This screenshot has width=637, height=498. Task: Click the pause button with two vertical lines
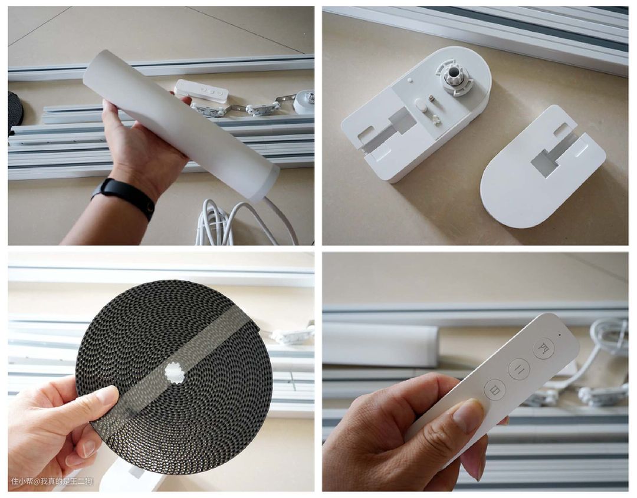(519, 369)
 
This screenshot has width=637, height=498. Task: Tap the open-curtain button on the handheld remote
(544, 348)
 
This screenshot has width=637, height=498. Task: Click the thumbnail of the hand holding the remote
(475, 372)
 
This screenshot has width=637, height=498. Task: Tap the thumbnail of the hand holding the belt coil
(161, 372)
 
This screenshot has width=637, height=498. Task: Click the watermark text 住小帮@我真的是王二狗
(51, 481)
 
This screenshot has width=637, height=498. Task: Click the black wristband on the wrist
(124, 197)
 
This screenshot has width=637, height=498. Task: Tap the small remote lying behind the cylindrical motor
(202, 90)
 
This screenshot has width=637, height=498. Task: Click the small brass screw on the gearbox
(432, 98)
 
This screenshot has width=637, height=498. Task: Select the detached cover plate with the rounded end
(543, 166)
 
